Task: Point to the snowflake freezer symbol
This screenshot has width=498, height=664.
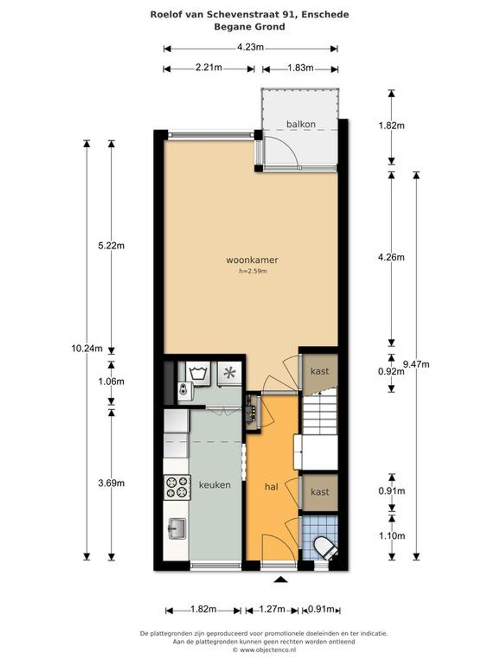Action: tap(229, 373)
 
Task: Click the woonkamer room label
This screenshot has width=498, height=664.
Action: tap(252, 260)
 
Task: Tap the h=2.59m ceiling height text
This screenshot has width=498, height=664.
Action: tap(253, 271)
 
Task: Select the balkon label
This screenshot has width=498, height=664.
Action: tap(301, 124)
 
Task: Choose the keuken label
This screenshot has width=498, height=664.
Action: tap(215, 485)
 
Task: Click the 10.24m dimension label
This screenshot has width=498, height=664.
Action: tap(87, 349)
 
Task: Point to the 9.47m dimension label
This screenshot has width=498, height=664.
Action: tap(416, 364)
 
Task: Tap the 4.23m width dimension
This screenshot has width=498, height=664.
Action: tap(250, 47)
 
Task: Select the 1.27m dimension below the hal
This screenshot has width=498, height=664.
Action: tap(272, 609)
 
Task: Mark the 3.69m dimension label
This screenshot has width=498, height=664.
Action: tap(111, 483)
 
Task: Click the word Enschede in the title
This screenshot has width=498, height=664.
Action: tap(325, 15)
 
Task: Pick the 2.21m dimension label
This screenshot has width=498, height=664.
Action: tap(209, 67)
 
